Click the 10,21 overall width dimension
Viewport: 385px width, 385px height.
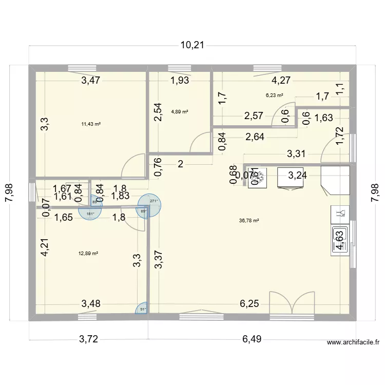coord(192,45)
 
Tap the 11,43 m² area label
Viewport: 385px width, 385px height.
coord(91,124)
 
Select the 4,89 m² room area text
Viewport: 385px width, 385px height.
coord(180,111)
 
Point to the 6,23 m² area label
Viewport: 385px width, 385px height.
coord(275,95)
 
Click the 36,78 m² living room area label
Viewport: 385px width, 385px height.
coord(249,221)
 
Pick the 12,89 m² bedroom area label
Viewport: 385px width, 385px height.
coord(88,253)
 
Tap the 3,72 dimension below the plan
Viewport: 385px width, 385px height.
coord(88,338)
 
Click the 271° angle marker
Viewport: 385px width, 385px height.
coord(152,202)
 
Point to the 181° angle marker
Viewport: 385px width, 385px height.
coord(90,213)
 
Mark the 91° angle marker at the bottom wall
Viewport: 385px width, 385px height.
coord(143,309)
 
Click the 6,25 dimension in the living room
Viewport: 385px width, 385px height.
coord(249,304)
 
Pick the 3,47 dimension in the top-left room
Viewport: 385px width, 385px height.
coord(90,80)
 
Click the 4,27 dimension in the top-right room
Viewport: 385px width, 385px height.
coord(281,80)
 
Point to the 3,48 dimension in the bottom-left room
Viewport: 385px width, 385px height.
coord(90,304)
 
